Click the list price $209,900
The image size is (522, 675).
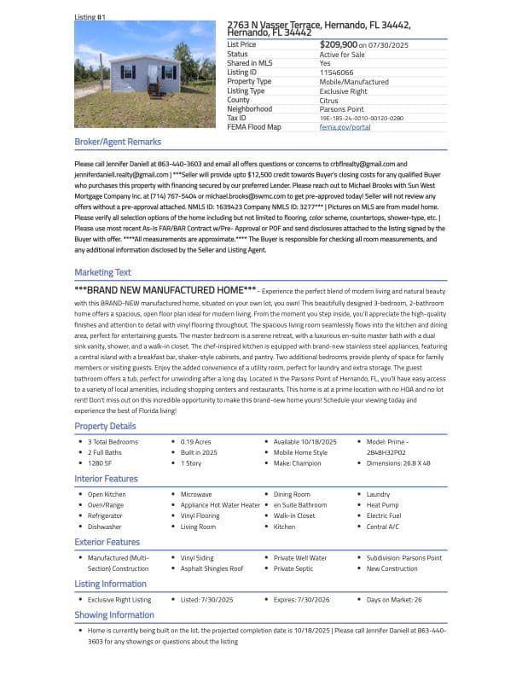coord(339,44)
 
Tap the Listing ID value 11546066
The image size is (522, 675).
coord(337,73)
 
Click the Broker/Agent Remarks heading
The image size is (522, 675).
coord(118,142)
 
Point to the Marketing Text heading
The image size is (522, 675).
coord(103,272)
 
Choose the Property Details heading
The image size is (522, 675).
coord(105,426)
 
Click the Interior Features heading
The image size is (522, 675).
coord(106,479)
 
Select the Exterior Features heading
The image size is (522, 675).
coord(107,542)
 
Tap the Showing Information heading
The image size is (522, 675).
coord(114,614)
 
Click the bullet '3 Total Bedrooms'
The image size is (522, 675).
coord(113,442)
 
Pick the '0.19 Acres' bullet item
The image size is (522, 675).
coord(195,442)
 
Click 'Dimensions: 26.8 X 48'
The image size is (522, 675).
coord(398,463)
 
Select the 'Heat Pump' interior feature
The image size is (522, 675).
coord(382,505)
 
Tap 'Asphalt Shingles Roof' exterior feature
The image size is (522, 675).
coord(212,568)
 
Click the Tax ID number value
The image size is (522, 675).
coord(362,118)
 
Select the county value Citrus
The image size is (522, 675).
coord(329,100)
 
